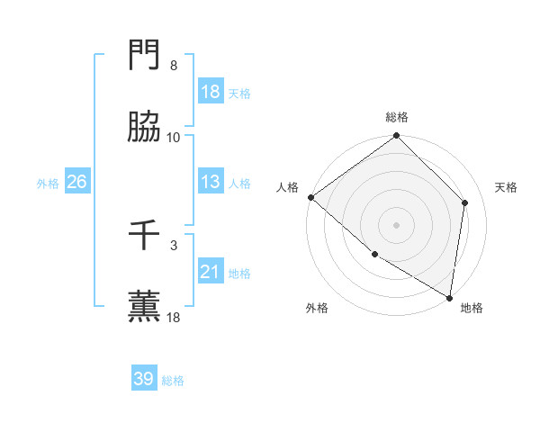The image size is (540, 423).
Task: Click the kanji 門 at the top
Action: click(145, 58)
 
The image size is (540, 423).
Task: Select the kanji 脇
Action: click(145, 128)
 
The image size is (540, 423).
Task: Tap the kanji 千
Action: click(145, 237)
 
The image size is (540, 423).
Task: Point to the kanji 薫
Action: click(145, 307)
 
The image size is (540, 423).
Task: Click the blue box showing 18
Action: click(211, 92)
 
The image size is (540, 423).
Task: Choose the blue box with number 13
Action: click(211, 181)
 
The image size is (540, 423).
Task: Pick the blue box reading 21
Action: click(211, 271)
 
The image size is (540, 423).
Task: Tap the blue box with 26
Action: click(77, 182)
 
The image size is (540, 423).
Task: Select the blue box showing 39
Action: click(144, 379)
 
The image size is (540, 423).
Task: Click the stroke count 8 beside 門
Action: click(174, 66)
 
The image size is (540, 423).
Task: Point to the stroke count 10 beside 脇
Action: click(174, 137)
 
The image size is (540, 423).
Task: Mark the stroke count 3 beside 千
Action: click(174, 245)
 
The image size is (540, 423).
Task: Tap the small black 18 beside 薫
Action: click(174, 317)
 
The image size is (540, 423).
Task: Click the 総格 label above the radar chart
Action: click(396, 117)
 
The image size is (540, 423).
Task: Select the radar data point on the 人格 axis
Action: click(310, 197)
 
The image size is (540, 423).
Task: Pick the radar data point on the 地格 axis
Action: click(448, 297)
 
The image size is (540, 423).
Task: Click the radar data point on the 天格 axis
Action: click(465, 202)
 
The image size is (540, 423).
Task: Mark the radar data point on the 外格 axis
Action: click(374, 254)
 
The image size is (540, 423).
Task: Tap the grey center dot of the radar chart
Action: click(396, 225)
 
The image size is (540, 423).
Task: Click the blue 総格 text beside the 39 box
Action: click(173, 381)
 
